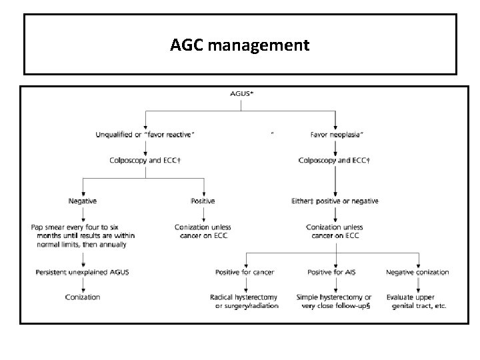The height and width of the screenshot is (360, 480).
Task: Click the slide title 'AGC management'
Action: (x=239, y=45)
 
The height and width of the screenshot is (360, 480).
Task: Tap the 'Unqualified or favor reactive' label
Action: (x=146, y=134)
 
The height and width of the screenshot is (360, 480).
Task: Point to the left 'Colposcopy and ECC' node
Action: (x=146, y=160)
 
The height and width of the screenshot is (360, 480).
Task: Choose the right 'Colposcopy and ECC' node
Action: (x=335, y=160)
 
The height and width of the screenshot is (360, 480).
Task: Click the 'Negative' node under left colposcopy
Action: (x=82, y=201)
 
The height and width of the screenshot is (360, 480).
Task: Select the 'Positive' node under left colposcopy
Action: (x=203, y=201)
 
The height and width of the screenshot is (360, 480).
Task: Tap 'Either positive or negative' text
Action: (x=335, y=201)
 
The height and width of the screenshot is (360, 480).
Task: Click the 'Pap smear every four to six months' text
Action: (x=82, y=236)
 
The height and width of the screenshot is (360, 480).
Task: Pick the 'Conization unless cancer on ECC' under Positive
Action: (x=203, y=232)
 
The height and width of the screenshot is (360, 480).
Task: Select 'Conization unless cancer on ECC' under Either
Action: (x=335, y=232)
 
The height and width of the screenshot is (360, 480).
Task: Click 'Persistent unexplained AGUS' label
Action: (x=82, y=272)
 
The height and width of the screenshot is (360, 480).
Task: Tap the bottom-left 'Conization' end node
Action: (x=82, y=297)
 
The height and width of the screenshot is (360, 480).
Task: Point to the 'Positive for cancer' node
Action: (x=245, y=272)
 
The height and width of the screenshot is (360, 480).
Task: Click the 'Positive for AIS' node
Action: (x=335, y=272)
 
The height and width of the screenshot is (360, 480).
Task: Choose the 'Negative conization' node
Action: (x=417, y=272)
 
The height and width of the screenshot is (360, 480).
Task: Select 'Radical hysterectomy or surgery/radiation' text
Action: (x=245, y=301)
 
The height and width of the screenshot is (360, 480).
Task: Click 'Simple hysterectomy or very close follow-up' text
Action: (x=335, y=301)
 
